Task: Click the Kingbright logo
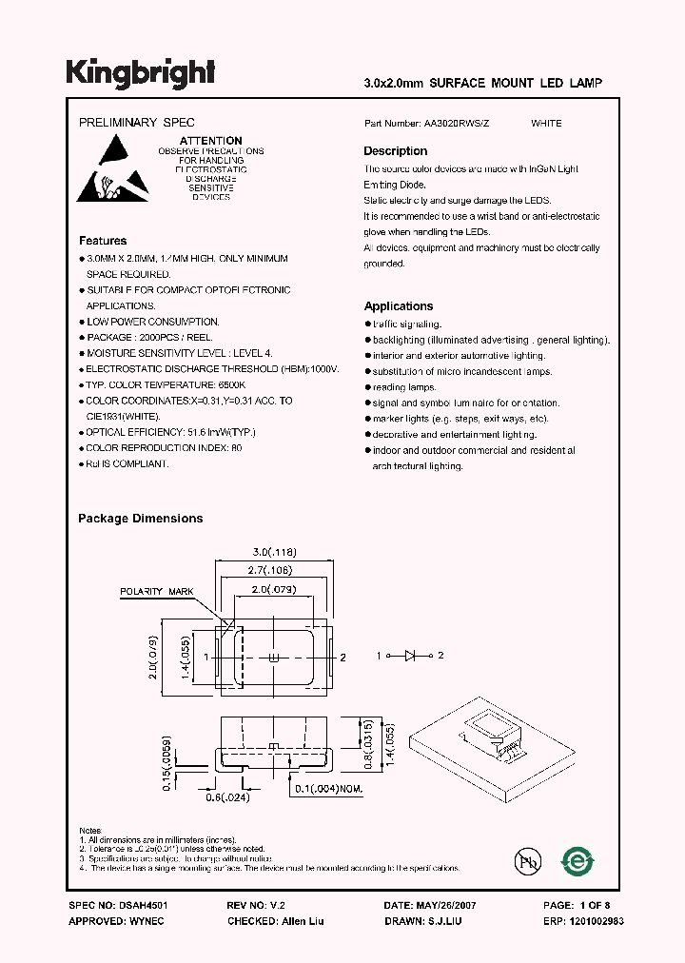(140, 72)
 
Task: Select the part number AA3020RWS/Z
(460, 124)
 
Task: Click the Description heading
(395, 151)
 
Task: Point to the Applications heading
(398, 306)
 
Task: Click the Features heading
(102, 241)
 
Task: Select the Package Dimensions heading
(140, 519)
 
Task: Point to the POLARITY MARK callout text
(157, 592)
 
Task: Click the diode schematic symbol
(412, 656)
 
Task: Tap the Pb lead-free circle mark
(527, 862)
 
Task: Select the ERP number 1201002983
(597, 921)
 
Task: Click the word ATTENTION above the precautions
(210, 141)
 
